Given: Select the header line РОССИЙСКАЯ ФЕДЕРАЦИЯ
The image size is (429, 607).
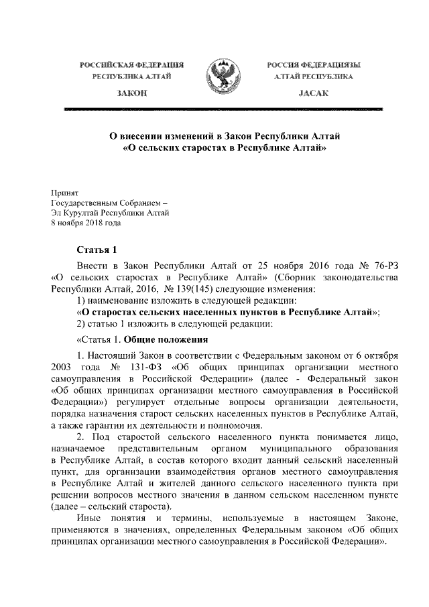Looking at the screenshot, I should [x=131, y=65].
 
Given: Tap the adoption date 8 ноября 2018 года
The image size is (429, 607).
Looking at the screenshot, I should [x=86, y=224].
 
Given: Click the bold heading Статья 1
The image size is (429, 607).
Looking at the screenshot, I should [x=97, y=251].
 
